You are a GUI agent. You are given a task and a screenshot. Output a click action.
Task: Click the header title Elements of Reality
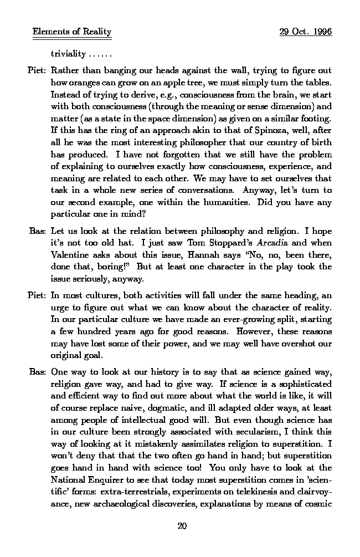(72, 32)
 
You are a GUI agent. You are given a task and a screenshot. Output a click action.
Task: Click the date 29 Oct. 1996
(306, 32)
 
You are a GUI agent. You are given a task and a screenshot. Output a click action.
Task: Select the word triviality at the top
(68, 54)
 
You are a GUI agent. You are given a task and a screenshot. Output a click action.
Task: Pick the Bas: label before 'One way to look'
(38, 371)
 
